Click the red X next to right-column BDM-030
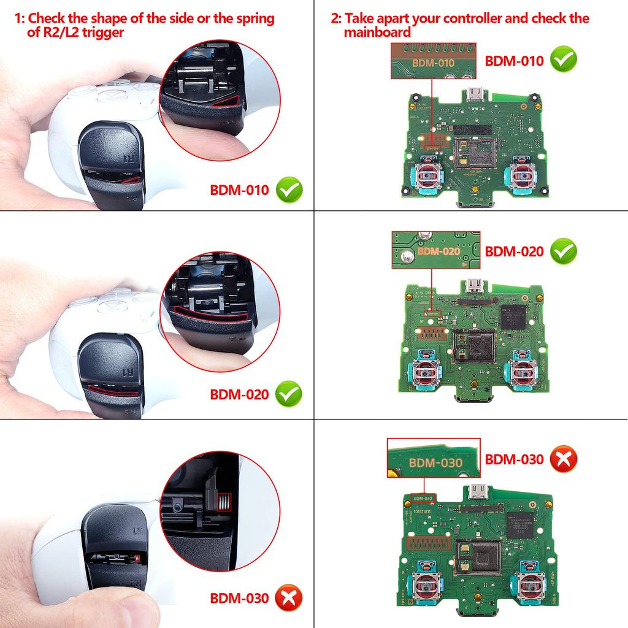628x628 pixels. (x=563, y=459)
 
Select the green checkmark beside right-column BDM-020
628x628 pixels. (x=563, y=251)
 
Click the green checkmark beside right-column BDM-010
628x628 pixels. (x=563, y=61)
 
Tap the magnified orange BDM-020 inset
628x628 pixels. (x=438, y=250)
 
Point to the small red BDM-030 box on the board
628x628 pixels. (x=423, y=498)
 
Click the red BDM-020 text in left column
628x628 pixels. (x=239, y=394)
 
